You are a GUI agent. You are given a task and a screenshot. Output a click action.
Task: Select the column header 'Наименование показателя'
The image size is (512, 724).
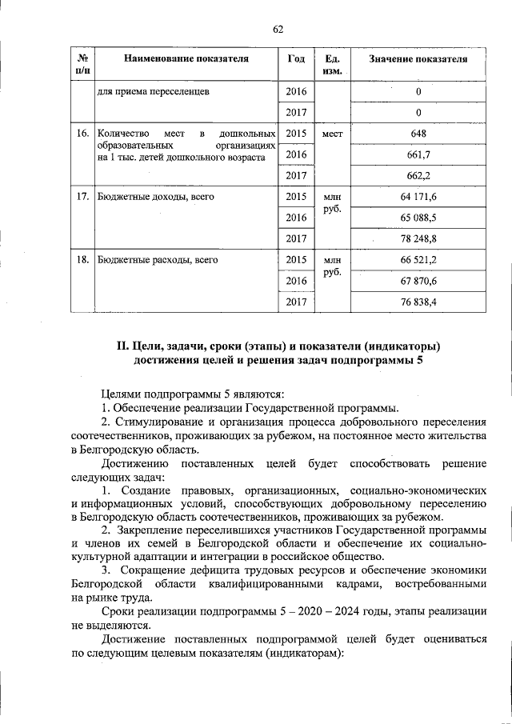185,59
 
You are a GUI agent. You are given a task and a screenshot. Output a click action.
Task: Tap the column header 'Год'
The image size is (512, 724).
295,59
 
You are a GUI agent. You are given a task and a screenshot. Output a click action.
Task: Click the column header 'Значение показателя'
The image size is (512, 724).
418,59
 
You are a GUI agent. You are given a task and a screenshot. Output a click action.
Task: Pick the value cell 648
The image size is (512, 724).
418,134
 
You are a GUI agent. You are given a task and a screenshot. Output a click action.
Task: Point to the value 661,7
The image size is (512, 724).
418,154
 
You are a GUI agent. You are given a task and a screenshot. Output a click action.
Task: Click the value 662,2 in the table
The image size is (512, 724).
418,175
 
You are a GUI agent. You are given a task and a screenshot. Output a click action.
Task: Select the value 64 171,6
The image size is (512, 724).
418,196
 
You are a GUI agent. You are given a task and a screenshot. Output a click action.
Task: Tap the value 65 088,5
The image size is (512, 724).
418,217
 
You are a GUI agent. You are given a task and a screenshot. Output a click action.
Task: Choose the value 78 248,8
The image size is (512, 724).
418,238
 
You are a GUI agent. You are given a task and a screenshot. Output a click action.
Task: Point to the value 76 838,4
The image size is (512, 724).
418,302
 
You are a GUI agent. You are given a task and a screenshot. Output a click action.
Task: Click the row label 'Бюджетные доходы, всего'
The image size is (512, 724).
155,196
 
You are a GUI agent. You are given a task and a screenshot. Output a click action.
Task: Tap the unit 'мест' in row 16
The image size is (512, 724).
332,134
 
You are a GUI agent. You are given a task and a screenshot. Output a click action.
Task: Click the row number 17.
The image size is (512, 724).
82,196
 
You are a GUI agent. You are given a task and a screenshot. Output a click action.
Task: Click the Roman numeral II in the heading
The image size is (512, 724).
122,346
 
